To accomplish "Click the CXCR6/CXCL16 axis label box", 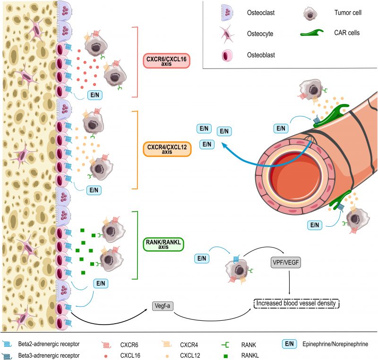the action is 167,61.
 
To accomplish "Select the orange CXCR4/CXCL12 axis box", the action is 167,149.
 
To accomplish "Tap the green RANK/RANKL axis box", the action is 163,244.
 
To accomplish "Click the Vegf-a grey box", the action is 163,306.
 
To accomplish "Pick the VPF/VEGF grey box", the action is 286,262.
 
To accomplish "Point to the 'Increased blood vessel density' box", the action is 296,303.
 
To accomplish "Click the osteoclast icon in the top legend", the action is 227,13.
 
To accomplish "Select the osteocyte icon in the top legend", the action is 227,34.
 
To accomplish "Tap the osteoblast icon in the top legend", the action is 227,55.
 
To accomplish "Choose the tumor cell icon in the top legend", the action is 310,13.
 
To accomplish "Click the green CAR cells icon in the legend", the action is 311,33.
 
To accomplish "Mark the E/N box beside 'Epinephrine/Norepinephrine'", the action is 289,344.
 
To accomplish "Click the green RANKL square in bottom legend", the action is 226,356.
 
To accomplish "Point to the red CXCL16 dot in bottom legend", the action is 106,356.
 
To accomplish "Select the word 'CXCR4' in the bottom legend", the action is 189,345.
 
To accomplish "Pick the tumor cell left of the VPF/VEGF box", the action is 239,269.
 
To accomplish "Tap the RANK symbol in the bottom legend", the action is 225,345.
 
